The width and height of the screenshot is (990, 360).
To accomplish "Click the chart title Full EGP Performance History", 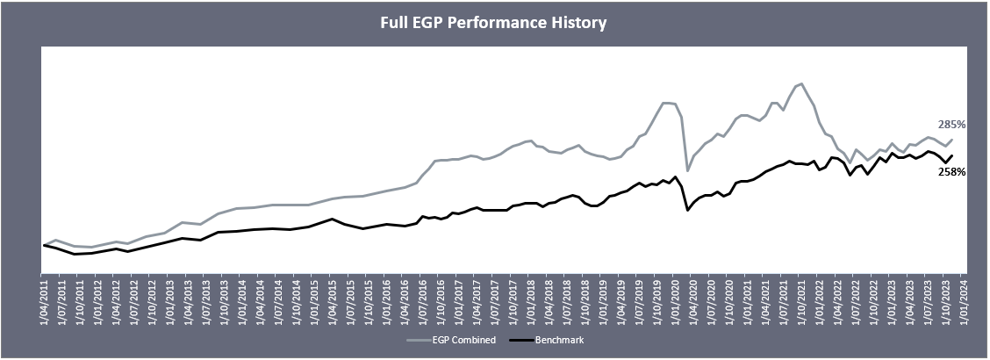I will point(493,23).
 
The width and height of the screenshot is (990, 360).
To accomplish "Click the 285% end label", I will point(951,125).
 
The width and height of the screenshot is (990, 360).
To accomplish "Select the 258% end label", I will point(951,172).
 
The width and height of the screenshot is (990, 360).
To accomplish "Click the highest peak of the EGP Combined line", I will point(801,83).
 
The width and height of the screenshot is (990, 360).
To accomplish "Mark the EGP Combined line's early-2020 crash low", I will point(687,169).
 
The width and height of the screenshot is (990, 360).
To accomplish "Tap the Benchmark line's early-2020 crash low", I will point(687,211).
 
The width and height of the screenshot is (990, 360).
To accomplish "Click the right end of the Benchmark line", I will point(952,155).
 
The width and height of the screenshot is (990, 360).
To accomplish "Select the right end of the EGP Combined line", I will point(952,140).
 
